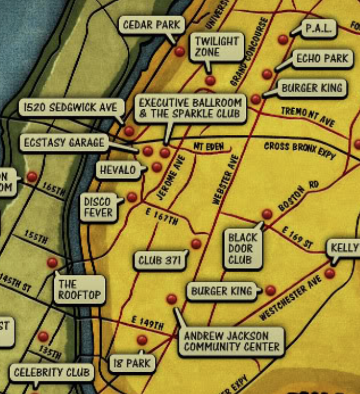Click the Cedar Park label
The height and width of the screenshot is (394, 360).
tap(151, 24)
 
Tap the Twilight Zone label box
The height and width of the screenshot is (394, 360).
tap(216, 47)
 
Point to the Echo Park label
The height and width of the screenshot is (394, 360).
tap(322, 59)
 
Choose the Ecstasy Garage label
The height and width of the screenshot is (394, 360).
tap(64, 143)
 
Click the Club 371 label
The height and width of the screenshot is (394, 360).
tap(159, 261)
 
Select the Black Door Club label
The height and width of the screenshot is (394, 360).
tap(243, 249)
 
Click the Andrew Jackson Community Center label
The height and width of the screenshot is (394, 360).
tap(231, 341)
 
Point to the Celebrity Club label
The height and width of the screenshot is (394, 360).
tap(52, 373)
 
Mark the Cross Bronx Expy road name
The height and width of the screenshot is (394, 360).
tap(300, 150)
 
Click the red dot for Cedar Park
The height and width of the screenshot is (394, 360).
tap(179, 52)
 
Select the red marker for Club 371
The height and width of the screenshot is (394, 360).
tap(196, 244)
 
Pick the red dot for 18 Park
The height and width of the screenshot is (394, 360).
tap(142, 340)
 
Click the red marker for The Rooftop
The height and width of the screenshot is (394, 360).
tap(52, 263)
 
